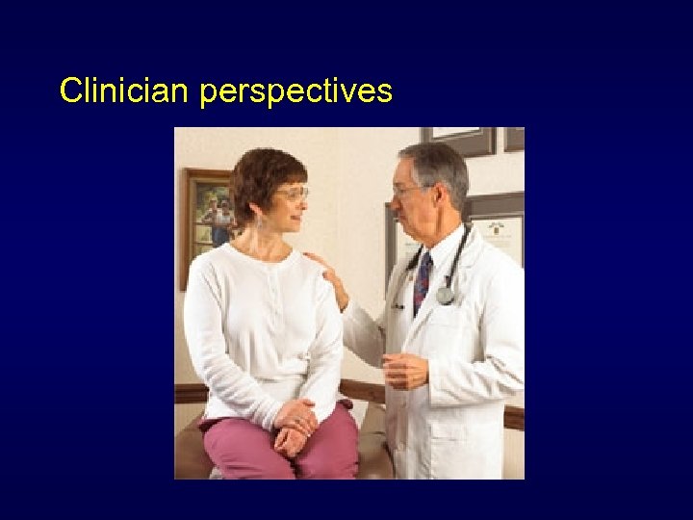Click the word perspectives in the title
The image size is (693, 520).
tap(296, 91)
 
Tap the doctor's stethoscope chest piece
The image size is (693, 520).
tap(445, 296)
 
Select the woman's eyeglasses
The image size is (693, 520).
tap(292, 193)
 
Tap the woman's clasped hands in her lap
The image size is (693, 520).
tap(294, 426)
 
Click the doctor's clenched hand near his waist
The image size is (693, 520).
tap(404, 370)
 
